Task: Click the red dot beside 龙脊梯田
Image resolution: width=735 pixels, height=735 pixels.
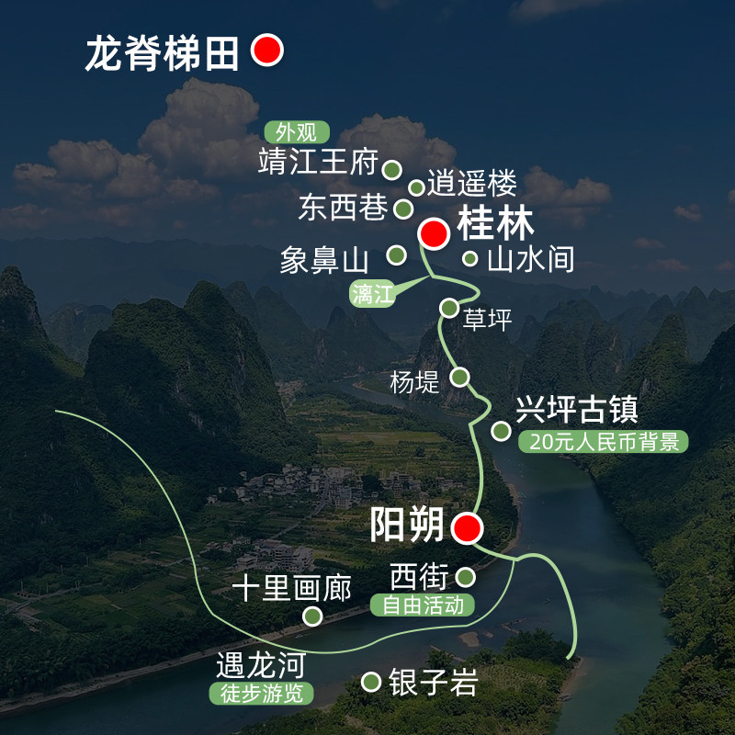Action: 267,50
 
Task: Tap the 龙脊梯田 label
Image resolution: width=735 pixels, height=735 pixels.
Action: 163,53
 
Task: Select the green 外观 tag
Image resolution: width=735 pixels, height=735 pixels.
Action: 297,132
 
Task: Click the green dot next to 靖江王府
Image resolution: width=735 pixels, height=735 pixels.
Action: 392,169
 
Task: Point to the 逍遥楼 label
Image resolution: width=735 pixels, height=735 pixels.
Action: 471,182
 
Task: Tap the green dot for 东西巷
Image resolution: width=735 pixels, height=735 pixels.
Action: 403,209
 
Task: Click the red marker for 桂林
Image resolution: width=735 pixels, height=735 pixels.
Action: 434,233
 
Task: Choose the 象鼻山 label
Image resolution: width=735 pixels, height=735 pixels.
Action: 324,260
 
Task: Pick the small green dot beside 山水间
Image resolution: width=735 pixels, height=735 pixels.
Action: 469,258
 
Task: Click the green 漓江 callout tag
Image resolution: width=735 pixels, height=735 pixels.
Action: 372,294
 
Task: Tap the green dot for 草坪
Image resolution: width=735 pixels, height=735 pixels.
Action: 449,308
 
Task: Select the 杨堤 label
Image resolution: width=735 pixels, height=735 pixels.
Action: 414,382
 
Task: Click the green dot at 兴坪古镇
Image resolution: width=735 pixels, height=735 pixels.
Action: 501,430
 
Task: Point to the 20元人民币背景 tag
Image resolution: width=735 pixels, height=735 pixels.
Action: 604,442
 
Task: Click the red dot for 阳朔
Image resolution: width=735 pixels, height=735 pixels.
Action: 467,527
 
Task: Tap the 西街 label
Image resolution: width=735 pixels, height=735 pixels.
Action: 419,576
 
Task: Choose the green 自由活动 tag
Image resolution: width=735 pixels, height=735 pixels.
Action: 423,605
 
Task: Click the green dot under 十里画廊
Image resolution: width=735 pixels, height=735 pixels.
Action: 312,616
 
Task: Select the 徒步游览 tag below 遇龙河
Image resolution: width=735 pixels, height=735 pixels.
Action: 261,694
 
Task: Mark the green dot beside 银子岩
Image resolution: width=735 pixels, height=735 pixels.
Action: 371,682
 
